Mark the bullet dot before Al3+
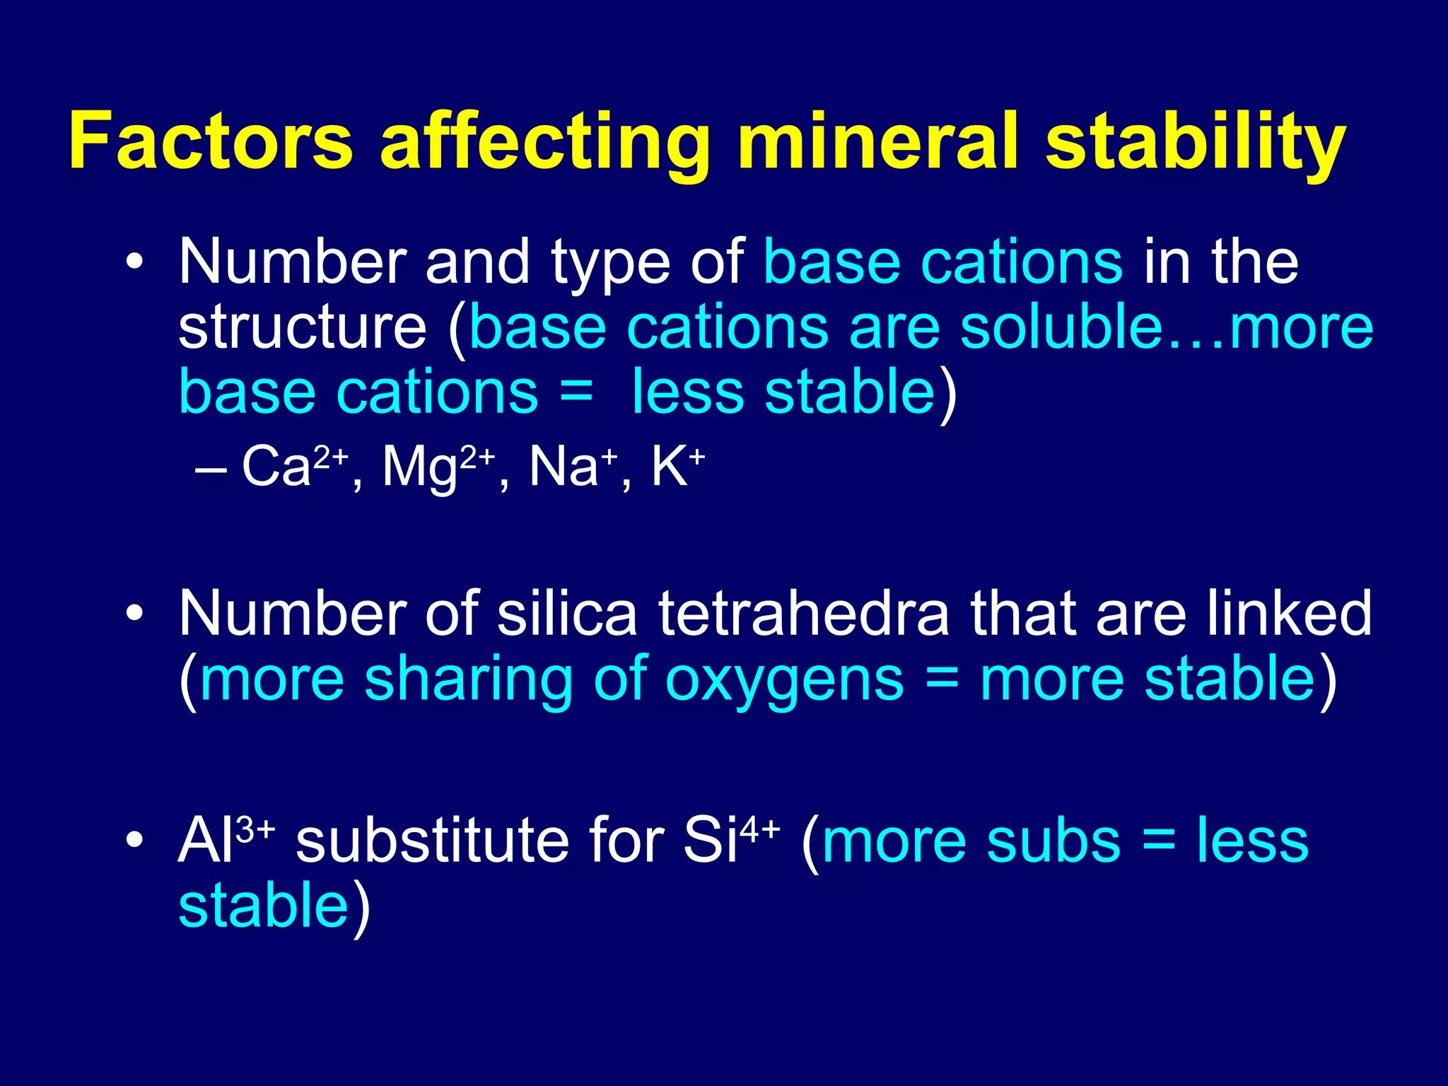point(134,841)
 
